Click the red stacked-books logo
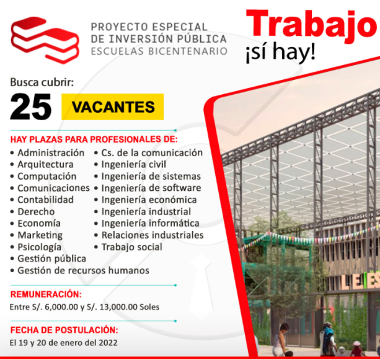coord(45,40)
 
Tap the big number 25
coord(31,107)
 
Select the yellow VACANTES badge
coord(112,107)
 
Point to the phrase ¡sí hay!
coord(281,53)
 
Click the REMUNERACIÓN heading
coord(46,294)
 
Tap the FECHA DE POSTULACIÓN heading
coord(64,330)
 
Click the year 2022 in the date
coord(108,343)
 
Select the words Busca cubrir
coord(42,82)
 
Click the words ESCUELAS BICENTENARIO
coord(159,51)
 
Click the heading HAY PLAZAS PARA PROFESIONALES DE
coord(94,139)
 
